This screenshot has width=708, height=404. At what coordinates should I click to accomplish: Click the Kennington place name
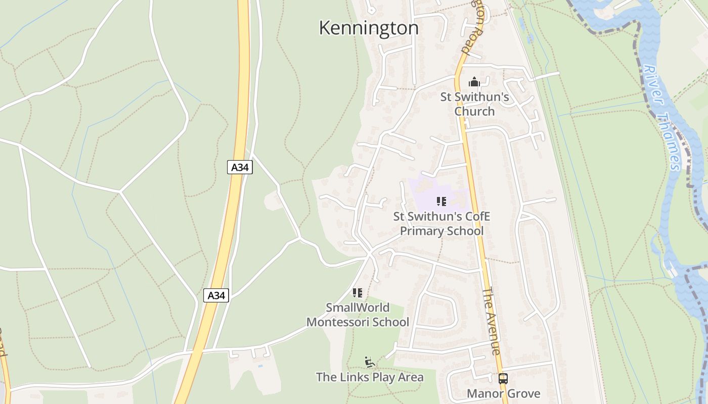[x=369, y=28]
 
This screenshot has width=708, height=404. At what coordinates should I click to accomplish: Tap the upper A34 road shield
[x=240, y=167]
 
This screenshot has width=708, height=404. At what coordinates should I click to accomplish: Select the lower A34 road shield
[x=216, y=295]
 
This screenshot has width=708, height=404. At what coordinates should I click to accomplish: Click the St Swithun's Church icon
[x=474, y=82]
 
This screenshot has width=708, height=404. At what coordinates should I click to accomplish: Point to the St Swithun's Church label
[x=474, y=104]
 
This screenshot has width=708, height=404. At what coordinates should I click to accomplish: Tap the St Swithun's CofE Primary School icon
[x=441, y=201]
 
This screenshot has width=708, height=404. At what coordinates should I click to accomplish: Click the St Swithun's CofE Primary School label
[x=442, y=224]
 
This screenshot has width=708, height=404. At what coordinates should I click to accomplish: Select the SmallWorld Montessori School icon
[x=358, y=293]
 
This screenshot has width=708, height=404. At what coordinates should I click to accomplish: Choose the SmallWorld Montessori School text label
[x=358, y=315]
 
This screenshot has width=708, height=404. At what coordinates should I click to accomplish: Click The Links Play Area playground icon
[x=370, y=362]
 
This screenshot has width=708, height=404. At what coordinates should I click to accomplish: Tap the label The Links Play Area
[x=370, y=377]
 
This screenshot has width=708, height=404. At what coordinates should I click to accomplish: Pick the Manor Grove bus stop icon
[x=503, y=379]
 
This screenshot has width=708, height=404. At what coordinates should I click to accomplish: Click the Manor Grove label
[x=503, y=394]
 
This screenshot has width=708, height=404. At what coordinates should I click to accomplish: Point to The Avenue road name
[x=491, y=321]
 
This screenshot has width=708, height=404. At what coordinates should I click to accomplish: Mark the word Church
[x=474, y=111]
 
